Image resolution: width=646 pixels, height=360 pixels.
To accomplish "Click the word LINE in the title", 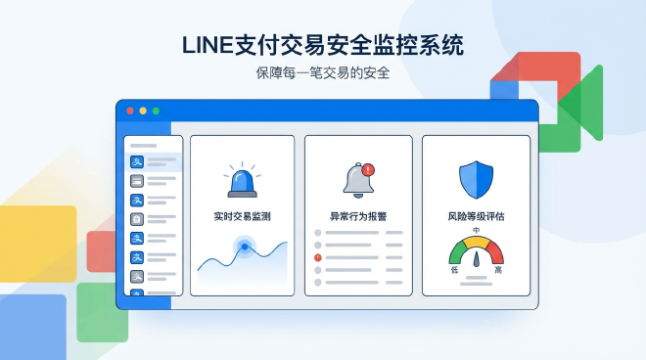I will [209, 45].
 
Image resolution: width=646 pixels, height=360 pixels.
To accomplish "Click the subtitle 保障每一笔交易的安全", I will [323, 73].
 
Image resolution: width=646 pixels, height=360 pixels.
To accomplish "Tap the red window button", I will [130, 111].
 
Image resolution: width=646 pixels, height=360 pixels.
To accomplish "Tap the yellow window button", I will [143, 111].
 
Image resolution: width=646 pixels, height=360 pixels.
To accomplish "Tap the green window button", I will [155, 111].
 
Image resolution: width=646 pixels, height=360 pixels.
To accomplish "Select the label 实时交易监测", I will [242, 216].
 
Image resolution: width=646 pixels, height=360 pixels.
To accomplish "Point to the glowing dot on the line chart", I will [245, 247].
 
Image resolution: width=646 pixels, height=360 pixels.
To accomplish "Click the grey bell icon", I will [355, 180].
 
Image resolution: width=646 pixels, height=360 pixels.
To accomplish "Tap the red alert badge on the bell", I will [367, 169].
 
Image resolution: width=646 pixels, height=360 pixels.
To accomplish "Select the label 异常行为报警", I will [358, 216].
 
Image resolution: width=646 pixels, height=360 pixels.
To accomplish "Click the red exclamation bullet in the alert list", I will [318, 257].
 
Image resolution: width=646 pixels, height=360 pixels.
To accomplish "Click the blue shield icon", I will [476, 178].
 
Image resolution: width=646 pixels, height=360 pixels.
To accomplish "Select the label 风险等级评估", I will [476, 216].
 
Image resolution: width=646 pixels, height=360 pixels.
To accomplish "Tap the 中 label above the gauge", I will [477, 231].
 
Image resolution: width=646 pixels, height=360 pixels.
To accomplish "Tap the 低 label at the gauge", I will [454, 269].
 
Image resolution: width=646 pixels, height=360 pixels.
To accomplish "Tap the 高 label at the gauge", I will [499, 269].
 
